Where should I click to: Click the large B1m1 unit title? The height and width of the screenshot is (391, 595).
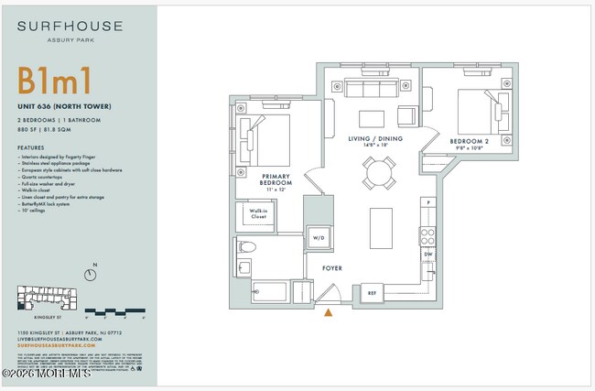(x=53, y=81)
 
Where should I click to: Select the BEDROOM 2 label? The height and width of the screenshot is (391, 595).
(x=470, y=142)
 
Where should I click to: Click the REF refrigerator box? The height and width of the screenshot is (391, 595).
(x=372, y=294)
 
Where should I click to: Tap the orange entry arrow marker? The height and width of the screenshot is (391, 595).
(x=328, y=313)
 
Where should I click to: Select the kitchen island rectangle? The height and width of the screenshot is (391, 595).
(x=380, y=226)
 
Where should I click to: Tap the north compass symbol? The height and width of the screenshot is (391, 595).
(x=90, y=274)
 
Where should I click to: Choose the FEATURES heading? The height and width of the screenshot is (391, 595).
(x=30, y=147)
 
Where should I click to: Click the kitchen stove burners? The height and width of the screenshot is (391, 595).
(x=427, y=234)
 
